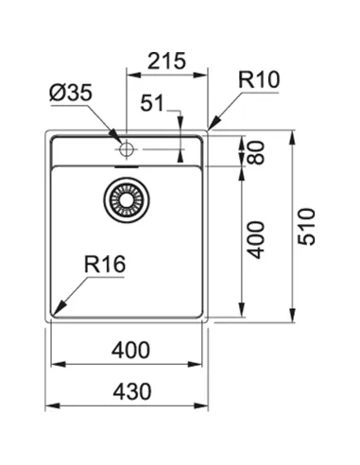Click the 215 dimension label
click(166, 60)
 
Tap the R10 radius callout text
click(259, 79)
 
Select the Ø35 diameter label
click(71, 93)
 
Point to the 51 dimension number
click(152, 103)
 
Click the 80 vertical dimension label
click(256, 152)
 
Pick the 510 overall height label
click(306, 227)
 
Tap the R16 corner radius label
click(105, 264)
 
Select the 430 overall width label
click(132, 391)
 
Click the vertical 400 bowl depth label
click(255, 240)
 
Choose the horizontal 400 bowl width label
click(130, 351)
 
